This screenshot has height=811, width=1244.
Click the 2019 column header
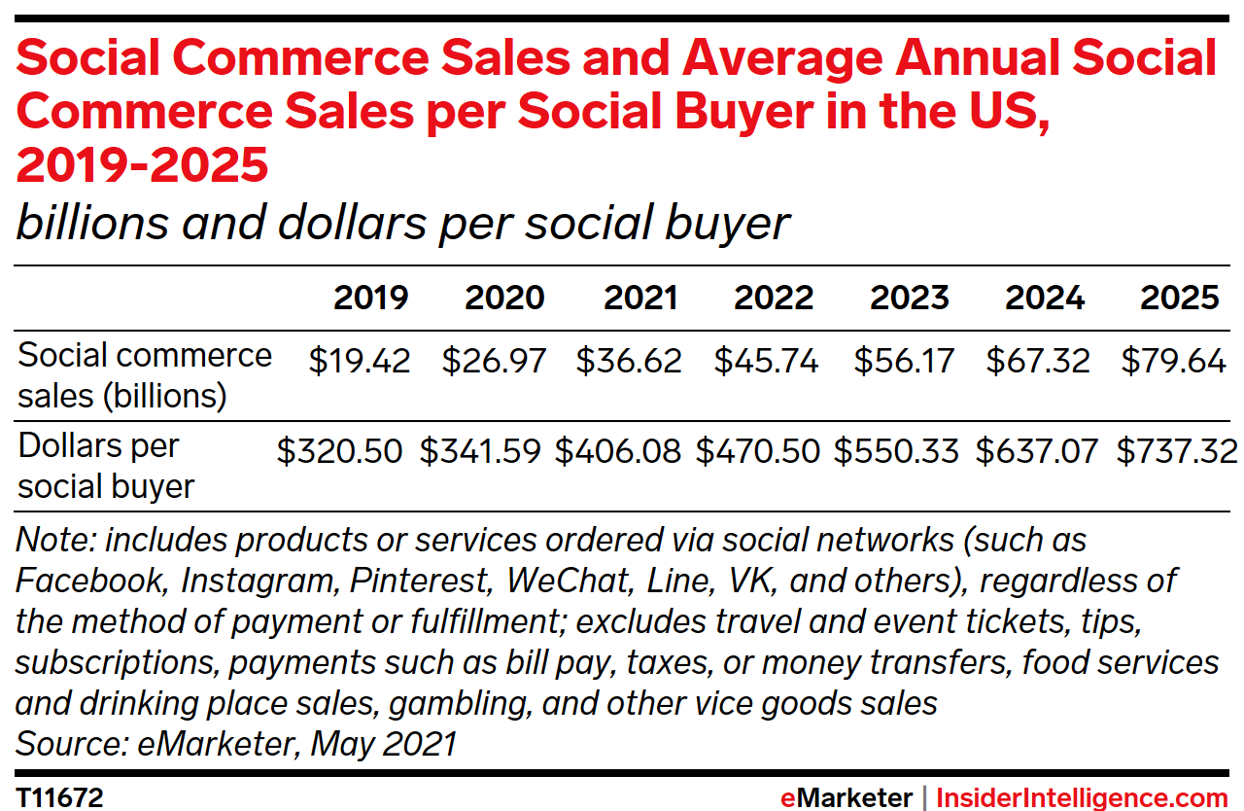[x=371, y=298]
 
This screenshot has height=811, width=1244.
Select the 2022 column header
[x=774, y=298]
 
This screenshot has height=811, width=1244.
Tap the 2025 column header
[x=1179, y=298]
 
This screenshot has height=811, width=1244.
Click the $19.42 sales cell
[x=360, y=362]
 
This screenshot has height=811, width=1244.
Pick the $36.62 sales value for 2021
[x=629, y=362]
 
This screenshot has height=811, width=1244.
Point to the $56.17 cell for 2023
[x=903, y=362]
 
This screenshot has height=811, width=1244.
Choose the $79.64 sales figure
[x=1173, y=362]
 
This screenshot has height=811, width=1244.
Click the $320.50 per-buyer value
[x=339, y=451]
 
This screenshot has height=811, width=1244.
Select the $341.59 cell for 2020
[x=480, y=451]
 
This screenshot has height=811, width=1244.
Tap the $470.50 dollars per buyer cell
[x=758, y=451]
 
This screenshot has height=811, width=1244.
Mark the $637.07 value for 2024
[x=1037, y=451]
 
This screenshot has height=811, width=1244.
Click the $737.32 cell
[x=1177, y=451]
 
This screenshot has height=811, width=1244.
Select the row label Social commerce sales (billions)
[x=145, y=375]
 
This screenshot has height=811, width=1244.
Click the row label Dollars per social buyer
[x=106, y=466]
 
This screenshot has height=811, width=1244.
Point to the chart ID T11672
[x=59, y=798]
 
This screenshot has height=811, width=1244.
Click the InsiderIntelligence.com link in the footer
[x=1082, y=798]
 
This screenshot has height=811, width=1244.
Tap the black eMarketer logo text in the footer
[x=846, y=798]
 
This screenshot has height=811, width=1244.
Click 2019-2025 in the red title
[x=143, y=166]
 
